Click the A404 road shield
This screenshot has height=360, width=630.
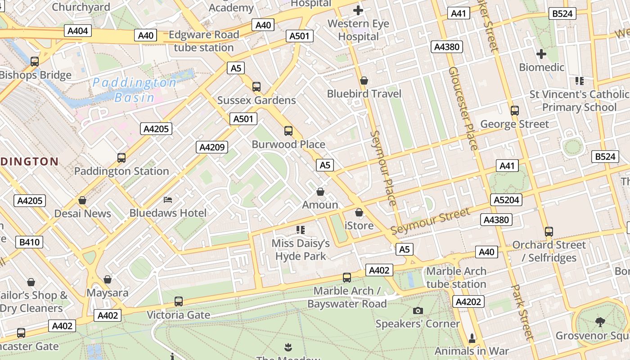point(78,31)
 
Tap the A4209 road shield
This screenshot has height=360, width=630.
point(212,147)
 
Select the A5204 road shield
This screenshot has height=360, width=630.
point(507,200)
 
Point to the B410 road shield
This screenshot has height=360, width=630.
point(30,242)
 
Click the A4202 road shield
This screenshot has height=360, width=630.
point(468,301)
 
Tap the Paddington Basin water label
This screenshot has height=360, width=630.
point(134,90)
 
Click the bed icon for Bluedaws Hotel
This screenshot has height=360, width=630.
point(168,199)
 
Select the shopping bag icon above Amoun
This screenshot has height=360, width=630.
point(320,192)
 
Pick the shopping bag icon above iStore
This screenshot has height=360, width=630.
point(359,212)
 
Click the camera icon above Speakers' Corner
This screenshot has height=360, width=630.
point(418,310)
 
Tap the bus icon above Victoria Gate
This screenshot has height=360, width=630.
point(179,301)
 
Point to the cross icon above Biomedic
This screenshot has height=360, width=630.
point(541,54)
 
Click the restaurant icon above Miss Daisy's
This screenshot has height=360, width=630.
point(301,230)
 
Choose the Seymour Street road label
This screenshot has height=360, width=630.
point(430,221)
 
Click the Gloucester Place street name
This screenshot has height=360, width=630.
point(463,108)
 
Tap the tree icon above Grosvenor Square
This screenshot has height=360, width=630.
point(600,322)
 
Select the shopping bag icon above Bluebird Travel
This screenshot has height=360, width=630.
point(364,81)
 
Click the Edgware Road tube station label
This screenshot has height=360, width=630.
point(204,41)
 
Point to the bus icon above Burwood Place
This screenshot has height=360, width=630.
point(288,131)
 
